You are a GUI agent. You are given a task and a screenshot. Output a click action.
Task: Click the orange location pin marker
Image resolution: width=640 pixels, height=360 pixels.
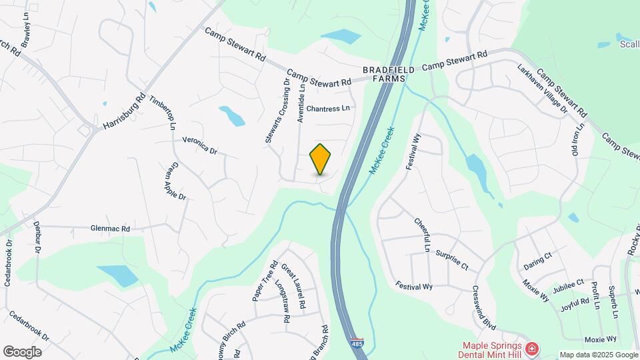[321, 159]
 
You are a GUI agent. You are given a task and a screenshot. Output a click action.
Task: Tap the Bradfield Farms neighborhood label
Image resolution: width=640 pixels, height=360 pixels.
[389, 74]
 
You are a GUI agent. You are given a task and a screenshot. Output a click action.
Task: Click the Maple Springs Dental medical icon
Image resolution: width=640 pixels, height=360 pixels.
[531, 349]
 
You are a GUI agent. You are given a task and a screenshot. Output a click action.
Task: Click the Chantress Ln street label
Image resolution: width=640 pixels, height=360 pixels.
[328, 108]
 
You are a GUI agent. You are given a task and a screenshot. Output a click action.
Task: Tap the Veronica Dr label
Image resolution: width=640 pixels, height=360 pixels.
[199, 146]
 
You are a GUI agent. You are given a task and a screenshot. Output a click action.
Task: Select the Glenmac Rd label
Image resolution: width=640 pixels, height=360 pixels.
[110, 228]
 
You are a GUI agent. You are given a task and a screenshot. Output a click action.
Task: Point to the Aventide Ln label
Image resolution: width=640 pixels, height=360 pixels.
[301, 102]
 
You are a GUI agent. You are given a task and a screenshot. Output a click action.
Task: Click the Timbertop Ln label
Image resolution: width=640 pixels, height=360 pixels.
[163, 111]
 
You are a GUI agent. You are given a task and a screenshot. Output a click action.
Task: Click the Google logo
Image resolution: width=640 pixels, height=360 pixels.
[22, 351]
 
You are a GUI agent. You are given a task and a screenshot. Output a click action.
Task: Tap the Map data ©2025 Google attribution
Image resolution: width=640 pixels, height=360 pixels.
[598, 355]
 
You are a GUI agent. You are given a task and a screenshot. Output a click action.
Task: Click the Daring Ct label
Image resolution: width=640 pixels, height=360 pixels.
[537, 256]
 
